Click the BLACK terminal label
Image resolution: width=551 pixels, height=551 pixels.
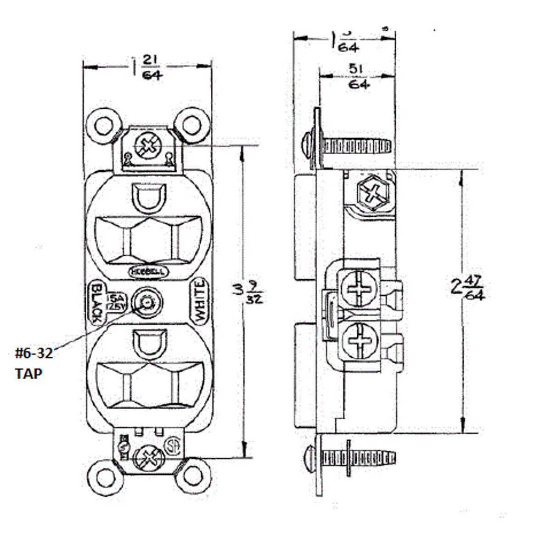[96, 303]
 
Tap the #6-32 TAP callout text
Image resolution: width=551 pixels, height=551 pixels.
[33, 363]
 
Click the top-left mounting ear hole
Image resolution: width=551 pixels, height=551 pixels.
[105, 125]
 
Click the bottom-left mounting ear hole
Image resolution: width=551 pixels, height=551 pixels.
[105, 476]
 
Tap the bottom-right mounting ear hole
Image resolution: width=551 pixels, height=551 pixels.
[190, 476]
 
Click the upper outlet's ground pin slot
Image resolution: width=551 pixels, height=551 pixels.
[147, 197]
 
